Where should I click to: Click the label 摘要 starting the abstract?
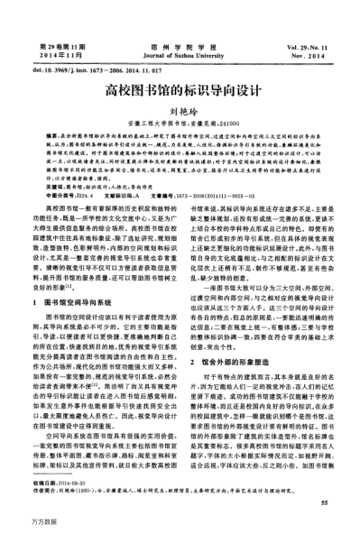coord(50,134)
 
